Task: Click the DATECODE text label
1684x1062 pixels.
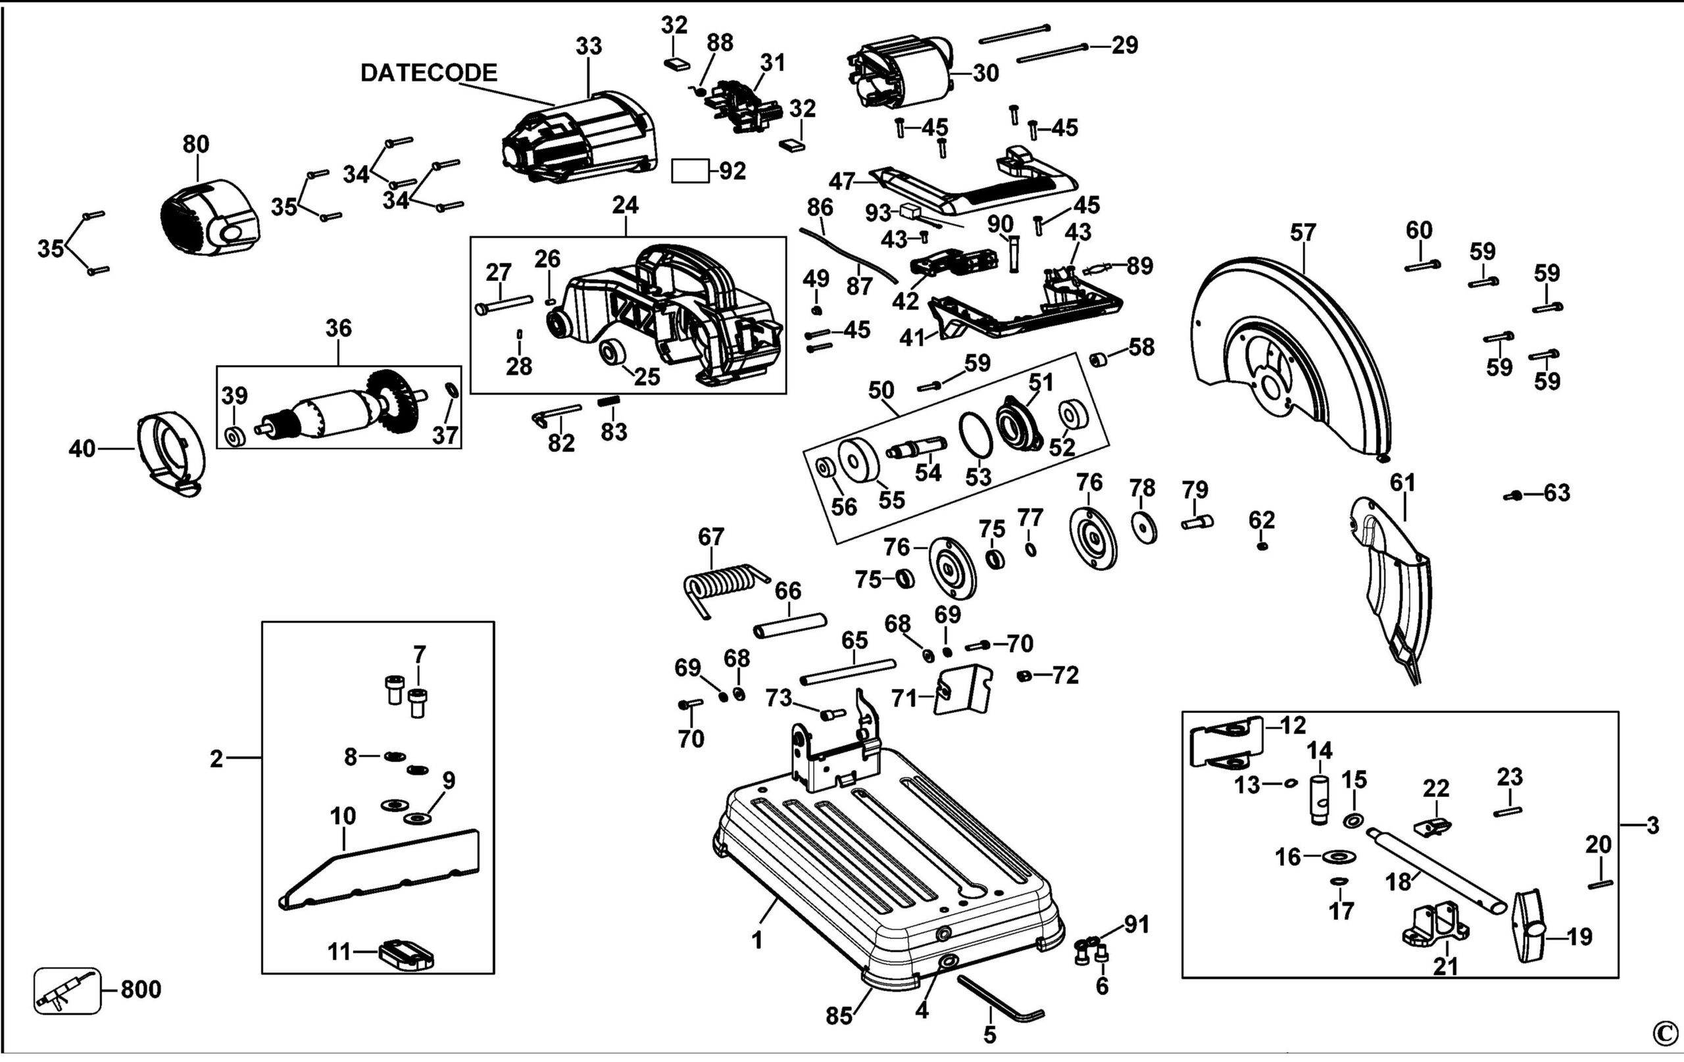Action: click(x=428, y=73)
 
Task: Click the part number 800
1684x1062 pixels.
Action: click(x=141, y=989)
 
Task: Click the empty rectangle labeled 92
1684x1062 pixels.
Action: click(x=689, y=170)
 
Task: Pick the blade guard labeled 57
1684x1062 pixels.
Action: click(x=1294, y=356)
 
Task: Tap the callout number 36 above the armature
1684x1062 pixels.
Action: click(x=339, y=329)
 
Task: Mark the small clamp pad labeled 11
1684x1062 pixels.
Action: click(x=407, y=955)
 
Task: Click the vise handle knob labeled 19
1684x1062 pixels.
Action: click(x=1529, y=926)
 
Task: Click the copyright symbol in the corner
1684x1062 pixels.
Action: click(x=1665, y=1032)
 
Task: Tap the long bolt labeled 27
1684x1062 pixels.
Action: click(x=503, y=305)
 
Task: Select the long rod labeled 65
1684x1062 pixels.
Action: click(x=848, y=671)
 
